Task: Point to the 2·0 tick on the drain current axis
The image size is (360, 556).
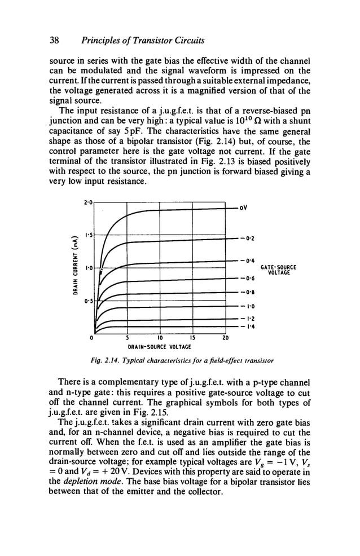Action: click(x=88, y=201)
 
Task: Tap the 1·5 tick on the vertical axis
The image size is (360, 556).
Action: click(x=88, y=234)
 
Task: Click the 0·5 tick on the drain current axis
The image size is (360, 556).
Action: click(x=88, y=301)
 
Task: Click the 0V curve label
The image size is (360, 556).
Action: click(x=243, y=208)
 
